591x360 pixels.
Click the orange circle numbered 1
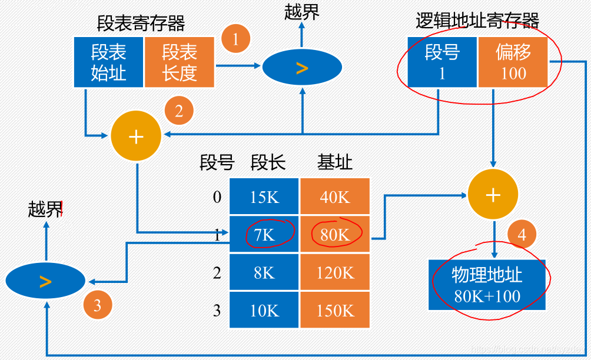point(235,39)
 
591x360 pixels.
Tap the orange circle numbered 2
point(179,111)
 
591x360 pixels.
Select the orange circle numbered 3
point(97,305)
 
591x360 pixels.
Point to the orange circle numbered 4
point(522,234)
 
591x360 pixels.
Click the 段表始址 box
point(109,62)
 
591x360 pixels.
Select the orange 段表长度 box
point(180,62)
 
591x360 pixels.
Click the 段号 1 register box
point(442,62)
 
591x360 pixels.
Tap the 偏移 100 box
point(513,62)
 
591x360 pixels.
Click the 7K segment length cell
point(264,235)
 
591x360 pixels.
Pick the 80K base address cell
point(335,235)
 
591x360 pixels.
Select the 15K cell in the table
point(264,197)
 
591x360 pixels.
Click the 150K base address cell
point(335,310)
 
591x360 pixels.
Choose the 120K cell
point(335,272)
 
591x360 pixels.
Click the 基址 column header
point(335,162)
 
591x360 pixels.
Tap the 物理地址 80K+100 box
point(487,285)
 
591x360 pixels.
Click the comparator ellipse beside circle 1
point(302,68)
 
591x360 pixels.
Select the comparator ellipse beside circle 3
point(45,282)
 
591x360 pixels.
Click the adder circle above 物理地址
point(493,195)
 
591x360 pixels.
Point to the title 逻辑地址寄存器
point(477,21)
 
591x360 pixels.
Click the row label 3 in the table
point(217,310)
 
